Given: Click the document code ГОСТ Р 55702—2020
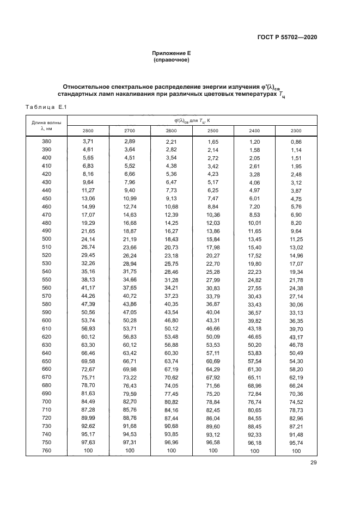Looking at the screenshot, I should click(286, 37).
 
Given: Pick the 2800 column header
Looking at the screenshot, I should click(88, 131).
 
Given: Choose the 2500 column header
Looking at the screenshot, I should click(212, 131).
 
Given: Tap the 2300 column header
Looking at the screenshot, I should click(296, 131).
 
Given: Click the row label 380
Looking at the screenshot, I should click(46, 142).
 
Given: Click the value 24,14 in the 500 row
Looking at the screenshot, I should click(88, 239).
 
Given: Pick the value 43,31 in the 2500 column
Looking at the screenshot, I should click(212, 321).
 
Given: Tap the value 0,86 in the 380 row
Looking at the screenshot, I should click(296, 142).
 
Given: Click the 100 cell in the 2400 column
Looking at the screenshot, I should click(254, 451).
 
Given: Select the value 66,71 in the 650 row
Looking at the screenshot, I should click(130, 361).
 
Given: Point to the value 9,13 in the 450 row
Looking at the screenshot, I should click(171, 198).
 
